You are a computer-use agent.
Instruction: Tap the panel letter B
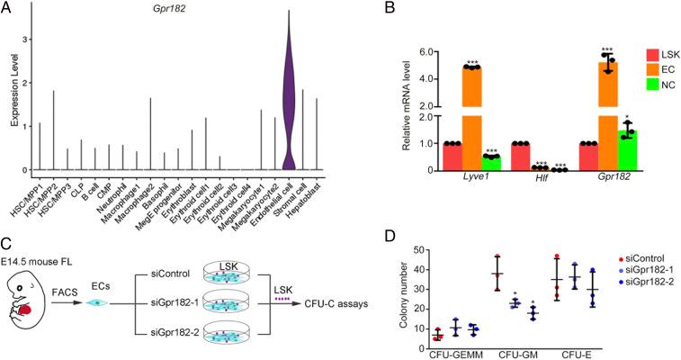pos(391,10)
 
